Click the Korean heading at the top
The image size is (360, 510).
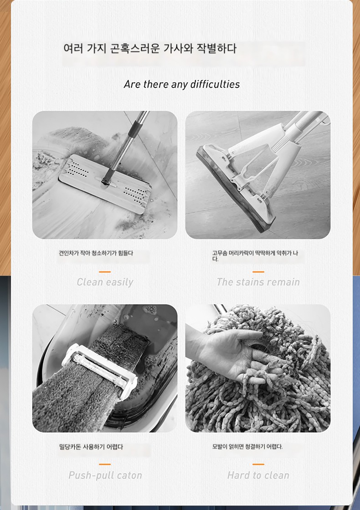click(x=150, y=48)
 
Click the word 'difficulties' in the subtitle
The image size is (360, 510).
click(x=215, y=85)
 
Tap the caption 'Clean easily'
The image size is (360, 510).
click(x=105, y=282)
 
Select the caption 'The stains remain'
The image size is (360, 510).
click(x=258, y=282)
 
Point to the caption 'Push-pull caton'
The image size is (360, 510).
click(x=105, y=475)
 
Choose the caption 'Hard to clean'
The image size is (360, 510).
click(x=258, y=475)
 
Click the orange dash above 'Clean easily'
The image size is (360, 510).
click(x=105, y=271)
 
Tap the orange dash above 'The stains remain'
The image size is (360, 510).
click(x=258, y=271)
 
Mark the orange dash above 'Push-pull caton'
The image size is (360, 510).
click(x=105, y=464)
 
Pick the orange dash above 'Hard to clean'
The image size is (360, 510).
click(x=258, y=464)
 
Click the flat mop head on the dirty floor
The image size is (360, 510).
click(x=105, y=184)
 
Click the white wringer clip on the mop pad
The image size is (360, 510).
click(x=99, y=371)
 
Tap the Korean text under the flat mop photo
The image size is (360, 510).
click(x=96, y=253)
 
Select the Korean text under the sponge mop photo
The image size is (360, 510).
click(x=255, y=255)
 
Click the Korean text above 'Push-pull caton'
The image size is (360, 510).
click(x=91, y=447)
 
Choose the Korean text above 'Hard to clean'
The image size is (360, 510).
click(x=247, y=447)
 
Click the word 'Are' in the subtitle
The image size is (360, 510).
click(x=132, y=85)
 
